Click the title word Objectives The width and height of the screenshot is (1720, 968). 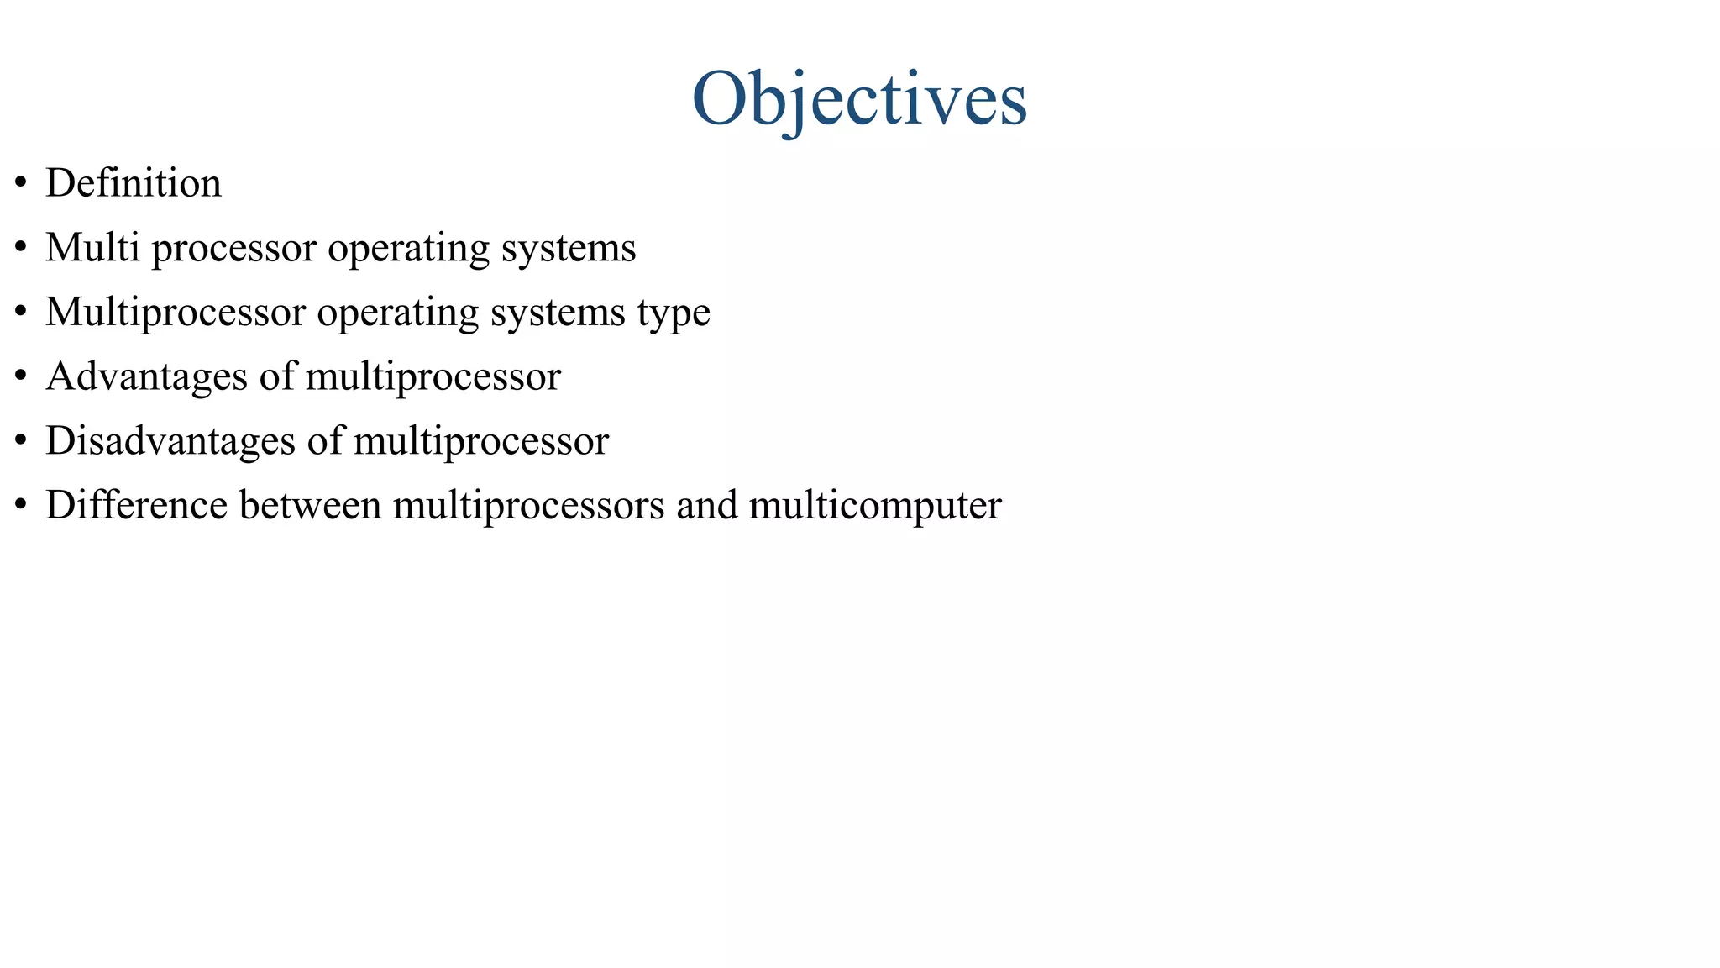tap(859, 99)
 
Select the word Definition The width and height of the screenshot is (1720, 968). tap(134, 183)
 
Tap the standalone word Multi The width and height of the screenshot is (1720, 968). tap(92, 248)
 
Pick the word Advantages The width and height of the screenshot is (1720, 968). tap(147, 376)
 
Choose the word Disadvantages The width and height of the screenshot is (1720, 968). tap(170, 441)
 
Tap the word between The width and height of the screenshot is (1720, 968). tap(310, 505)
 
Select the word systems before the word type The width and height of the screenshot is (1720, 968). tap(558, 313)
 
